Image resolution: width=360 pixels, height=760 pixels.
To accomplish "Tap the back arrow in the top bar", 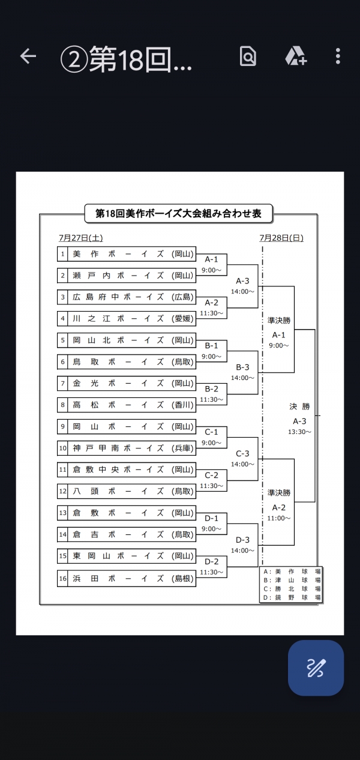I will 28,56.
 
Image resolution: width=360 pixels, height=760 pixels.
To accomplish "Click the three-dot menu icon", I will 338,56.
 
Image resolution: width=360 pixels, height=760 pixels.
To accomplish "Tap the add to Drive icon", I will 295,56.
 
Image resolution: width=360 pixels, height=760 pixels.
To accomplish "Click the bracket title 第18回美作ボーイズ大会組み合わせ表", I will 178,213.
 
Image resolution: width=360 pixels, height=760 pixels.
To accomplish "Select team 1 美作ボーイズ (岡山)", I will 127,254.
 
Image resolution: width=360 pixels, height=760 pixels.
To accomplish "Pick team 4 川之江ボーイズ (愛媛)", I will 127,318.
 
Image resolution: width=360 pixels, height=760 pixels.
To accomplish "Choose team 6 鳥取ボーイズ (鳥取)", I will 127,361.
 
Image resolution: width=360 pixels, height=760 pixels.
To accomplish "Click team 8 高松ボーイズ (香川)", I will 127,405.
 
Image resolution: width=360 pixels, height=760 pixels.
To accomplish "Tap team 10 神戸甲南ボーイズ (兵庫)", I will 127,448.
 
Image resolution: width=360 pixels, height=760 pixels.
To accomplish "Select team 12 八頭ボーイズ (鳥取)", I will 127,491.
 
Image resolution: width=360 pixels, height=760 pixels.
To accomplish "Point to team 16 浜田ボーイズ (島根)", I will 127,578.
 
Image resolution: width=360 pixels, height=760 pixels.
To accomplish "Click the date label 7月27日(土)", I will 80,238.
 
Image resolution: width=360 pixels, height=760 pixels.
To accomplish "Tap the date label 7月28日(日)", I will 281,238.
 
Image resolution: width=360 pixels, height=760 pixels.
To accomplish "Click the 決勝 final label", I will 299,406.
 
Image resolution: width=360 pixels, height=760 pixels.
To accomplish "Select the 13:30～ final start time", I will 299,432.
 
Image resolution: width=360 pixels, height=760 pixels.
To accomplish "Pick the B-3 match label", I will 242,367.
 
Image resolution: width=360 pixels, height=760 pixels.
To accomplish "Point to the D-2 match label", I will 211,561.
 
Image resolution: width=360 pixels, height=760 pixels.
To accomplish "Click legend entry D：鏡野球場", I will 292,597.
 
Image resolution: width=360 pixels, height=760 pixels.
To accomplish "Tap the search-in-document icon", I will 248,56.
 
